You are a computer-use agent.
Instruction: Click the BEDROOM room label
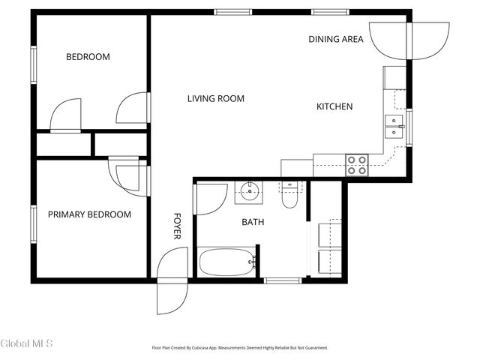(x=88, y=57)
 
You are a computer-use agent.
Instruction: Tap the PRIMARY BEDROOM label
(x=89, y=214)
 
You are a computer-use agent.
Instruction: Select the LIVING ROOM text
(x=215, y=98)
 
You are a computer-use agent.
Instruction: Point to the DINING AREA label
(x=336, y=39)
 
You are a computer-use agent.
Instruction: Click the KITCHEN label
(x=334, y=106)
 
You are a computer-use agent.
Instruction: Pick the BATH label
(x=252, y=222)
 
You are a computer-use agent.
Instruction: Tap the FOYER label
(x=178, y=226)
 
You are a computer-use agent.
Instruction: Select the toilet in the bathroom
(x=289, y=197)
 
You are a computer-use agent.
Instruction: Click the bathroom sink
(x=248, y=193)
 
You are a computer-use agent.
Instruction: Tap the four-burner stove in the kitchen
(x=356, y=164)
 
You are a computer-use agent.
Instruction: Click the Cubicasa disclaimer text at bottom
(x=239, y=347)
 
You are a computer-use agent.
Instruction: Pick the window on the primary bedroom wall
(x=33, y=223)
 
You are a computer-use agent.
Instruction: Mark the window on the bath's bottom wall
(x=283, y=280)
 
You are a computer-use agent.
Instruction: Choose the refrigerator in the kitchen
(x=394, y=78)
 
